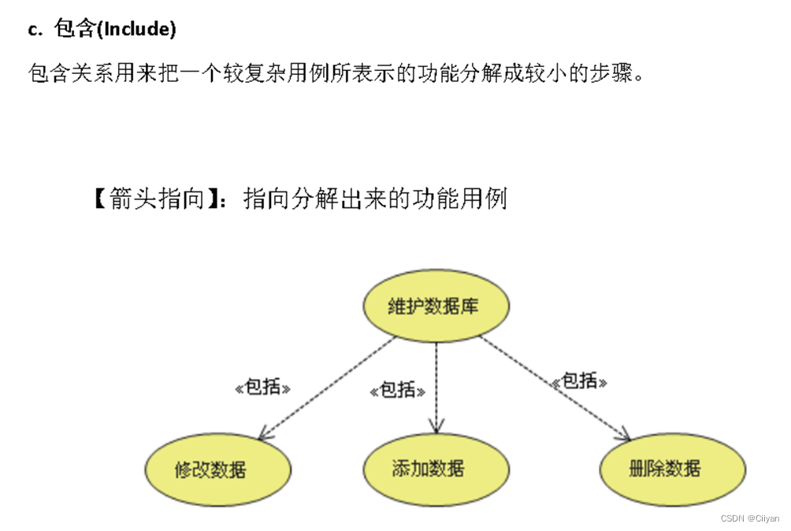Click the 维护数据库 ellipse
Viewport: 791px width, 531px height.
435,306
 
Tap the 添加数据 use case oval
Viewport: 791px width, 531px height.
429,469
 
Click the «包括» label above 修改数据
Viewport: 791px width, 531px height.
263,388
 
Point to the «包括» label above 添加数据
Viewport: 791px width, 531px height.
398,390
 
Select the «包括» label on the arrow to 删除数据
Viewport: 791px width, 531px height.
580,381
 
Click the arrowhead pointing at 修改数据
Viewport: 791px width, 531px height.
263,434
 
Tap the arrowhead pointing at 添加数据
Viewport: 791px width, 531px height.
436,428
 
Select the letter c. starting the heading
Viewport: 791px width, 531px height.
34,30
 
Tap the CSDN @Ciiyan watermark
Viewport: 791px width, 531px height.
749,518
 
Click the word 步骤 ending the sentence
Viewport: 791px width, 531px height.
615,73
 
